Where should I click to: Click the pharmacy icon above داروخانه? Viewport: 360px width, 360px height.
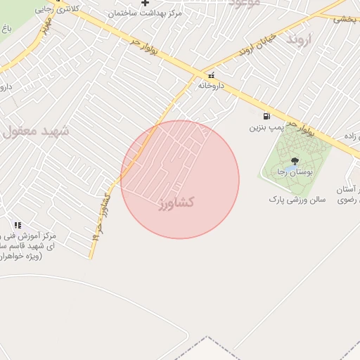(211, 75)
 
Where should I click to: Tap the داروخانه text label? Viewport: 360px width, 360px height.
(211, 85)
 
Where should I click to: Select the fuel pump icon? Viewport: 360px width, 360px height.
(266, 117)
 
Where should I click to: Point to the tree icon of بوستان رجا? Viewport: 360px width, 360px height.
(294, 161)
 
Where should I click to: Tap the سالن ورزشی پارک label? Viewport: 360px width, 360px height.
(297, 200)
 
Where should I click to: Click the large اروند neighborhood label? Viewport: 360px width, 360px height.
(298, 39)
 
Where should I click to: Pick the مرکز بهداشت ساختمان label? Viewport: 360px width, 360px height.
(146, 13)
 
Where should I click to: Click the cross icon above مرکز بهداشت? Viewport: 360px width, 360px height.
(146, 4)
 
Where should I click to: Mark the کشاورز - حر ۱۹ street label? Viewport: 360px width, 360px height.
(99, 218)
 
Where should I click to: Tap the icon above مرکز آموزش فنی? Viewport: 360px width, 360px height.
(18, 225)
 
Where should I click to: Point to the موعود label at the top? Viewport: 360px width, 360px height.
(245, 4)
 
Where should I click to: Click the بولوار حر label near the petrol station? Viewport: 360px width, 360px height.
(304, 128)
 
